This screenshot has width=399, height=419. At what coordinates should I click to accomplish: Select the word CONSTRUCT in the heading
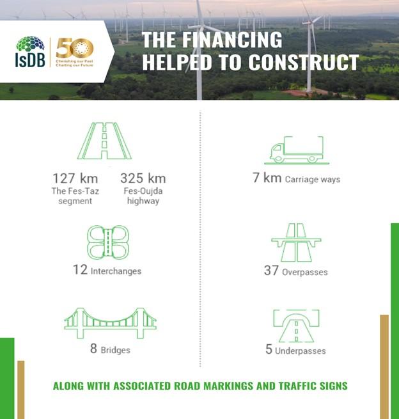click(x=303, y=62)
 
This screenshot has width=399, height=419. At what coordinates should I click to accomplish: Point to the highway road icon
click(x=104, y=141)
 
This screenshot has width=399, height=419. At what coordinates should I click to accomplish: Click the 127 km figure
click(x=75, y=178)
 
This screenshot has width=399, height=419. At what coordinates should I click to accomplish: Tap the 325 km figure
click(x=143, y=178)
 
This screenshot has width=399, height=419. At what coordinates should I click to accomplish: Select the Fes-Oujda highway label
click(x=143, y=196)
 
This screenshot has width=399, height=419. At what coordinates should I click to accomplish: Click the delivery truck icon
click(x=297, y=150)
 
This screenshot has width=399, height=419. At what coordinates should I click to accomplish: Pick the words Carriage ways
click(x=313, y=179)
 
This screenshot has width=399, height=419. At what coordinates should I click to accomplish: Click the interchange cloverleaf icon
click(x=108, y=242)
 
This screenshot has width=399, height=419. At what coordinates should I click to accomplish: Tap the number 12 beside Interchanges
click(x=81, y=269)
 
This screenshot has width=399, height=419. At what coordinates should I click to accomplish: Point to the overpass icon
click(x=296, y=242)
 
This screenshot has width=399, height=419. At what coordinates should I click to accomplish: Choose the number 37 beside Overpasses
click(x=271, y=271)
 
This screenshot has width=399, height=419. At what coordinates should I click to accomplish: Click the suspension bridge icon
click(x=110, y=323)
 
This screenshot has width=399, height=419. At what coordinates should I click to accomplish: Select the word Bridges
click(x=115, y=350)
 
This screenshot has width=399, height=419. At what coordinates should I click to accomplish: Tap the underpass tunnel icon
click(x=296, y=326)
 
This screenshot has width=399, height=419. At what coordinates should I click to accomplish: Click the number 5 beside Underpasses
click(x=269, y=349)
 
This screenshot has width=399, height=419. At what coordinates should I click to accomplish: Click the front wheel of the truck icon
click(x=278, y=159)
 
